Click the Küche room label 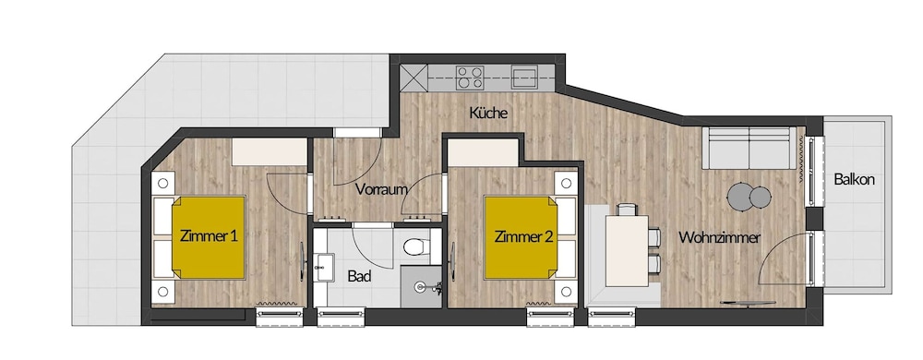488,114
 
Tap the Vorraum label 381,189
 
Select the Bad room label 358,276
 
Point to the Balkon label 854,180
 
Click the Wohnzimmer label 719,237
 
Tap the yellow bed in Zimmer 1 209,237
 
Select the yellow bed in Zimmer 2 521,237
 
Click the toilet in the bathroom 418,246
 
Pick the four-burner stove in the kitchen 471,78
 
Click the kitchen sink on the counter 524,77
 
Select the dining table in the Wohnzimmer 627,250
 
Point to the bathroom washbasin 323,267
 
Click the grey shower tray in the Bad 421,286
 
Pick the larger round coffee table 740,197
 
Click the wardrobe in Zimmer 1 270,151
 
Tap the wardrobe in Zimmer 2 483,152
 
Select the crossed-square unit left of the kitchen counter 414,78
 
